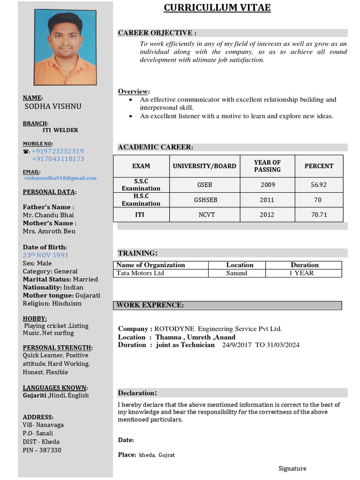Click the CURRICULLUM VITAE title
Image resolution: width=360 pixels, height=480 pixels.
(x=217, y=8)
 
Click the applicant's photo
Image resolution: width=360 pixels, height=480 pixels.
(x=65, y=47)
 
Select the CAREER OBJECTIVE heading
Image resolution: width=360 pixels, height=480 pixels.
(x=157, y=33)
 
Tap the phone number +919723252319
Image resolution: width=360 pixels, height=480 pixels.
(x=58, y=151)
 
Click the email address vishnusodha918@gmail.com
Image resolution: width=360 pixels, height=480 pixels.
(x=60, y=178)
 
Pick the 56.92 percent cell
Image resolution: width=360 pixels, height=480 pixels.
(x=319, y=185)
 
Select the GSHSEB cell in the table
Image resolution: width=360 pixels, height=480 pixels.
(x=205, y=200)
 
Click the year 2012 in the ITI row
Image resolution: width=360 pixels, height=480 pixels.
(x=267, y=215)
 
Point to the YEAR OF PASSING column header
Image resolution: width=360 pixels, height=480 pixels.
(x=267, y=166)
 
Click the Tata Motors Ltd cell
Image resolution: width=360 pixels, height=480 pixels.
(x=140, y=273)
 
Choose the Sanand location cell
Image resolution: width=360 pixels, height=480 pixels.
(x=236, y=273)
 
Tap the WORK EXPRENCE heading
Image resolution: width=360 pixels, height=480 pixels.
(x=150, y=305)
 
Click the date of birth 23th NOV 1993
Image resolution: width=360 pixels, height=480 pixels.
(x=45, y=255)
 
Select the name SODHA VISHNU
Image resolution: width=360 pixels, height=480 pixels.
(x=53, y=106)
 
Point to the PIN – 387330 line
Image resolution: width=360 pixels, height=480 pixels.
(x=42, y=450)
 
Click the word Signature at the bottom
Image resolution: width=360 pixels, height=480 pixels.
(x=292, y=468)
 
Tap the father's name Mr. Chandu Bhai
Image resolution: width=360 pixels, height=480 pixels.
(x=48, y=215)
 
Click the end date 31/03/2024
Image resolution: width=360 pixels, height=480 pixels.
(x=283, y=345)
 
